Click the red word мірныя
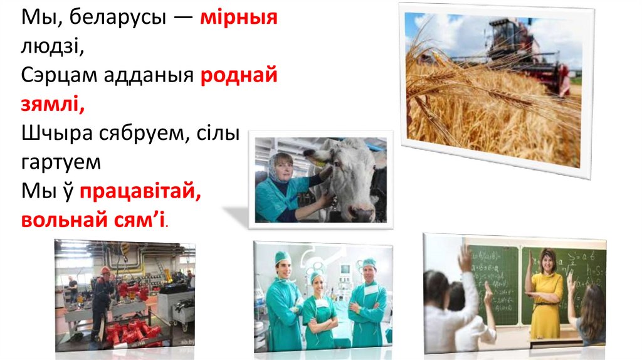tap(239, 17)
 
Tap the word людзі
tap(53, 46)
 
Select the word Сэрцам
tap(60, 76)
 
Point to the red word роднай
tap(239, 75)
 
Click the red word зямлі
tap(53, 104)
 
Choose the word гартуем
tap(61, 162)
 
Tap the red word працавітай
tap(140, 191)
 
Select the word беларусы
tap(117, 18)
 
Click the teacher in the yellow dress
tap(545, 294)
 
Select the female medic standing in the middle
tap(319, 312)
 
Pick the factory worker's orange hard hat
tap(105, 270)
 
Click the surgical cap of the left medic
tap(283, 258)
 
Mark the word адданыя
tap(149, 76)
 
